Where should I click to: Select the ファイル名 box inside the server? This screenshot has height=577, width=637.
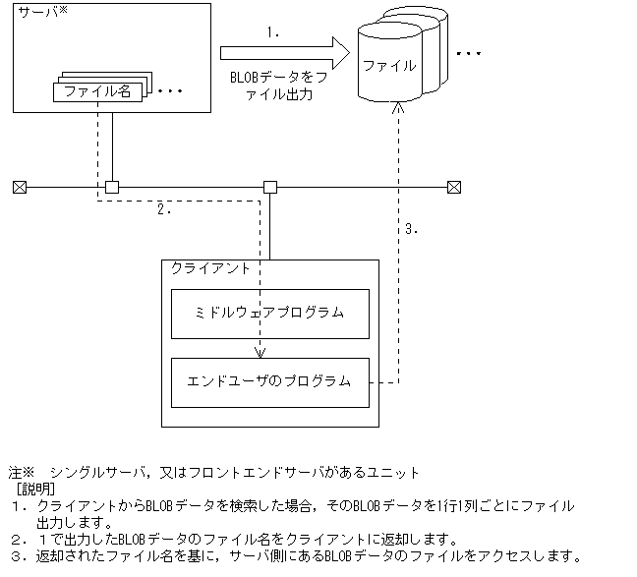(x=97, y=91)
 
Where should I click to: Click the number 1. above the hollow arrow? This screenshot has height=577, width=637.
(x=274, y=31)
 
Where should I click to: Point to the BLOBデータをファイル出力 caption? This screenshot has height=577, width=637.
(x=276, y=87)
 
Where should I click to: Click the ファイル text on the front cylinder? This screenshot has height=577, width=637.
(x=389, y=66)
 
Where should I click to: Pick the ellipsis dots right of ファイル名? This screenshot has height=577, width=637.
(x=170, y=91)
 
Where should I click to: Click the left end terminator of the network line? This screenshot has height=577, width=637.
(x=19, y=187)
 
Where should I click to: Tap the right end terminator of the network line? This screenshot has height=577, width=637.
(x=454, y=187)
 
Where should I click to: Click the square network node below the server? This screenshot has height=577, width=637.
(x=112, y=187)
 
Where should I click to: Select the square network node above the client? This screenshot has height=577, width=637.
(x=270, y=187)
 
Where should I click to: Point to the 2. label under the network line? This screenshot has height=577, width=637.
(x=164, y=209)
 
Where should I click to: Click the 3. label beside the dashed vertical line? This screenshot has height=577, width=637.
(x=412, y=229)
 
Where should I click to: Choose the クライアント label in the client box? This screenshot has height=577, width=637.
(x=210, y=268)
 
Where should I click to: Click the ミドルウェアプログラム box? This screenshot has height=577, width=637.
(x=270, y=313)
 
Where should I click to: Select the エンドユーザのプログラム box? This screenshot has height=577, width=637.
(x=270, y=381)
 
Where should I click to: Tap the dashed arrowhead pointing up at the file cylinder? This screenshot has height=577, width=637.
(x=397, y=111)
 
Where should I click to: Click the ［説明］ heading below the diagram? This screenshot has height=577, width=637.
(x=35, y=489)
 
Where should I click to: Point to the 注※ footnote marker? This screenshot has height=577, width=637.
(x=22, y=472)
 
